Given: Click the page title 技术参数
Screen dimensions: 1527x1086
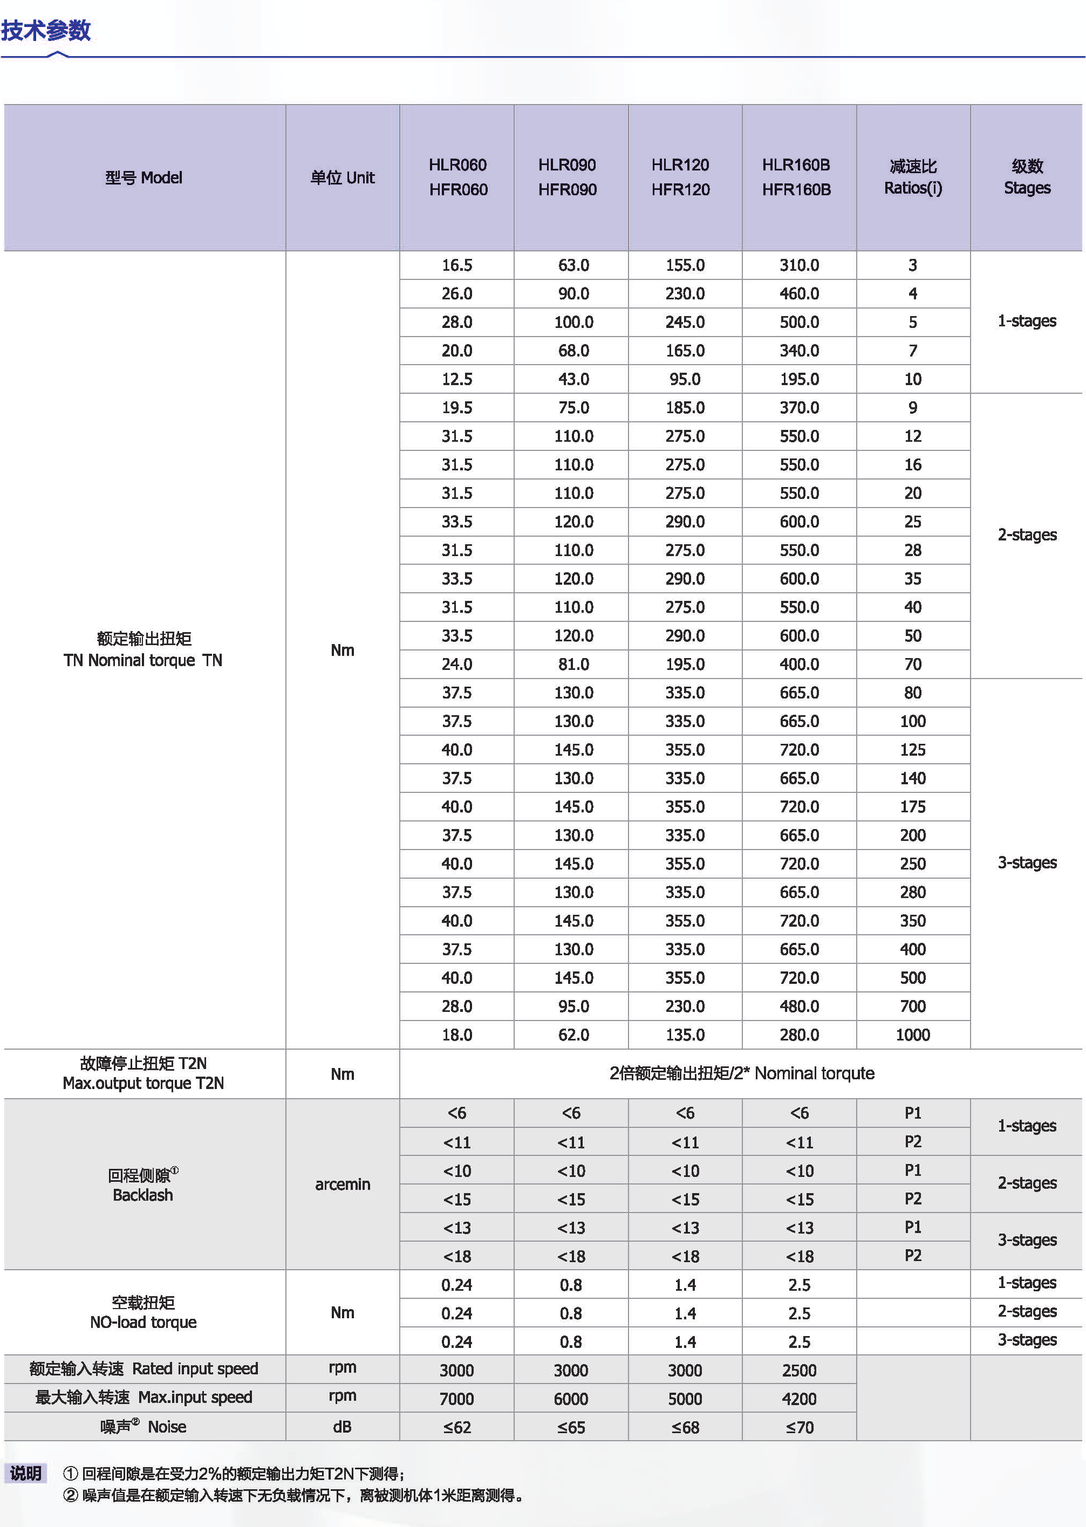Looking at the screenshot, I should [45, 30].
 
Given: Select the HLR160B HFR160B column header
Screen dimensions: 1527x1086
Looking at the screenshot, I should [796, 177].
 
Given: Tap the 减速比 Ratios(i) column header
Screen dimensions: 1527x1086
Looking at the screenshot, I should [913, 177].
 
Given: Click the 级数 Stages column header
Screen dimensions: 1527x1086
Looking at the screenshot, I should [1027, 177].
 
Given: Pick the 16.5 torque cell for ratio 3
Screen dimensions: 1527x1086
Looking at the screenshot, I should [457, 265].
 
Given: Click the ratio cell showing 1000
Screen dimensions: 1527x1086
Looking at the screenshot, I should [913, 1035].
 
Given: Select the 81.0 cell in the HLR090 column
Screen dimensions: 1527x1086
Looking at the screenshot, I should [573, 665].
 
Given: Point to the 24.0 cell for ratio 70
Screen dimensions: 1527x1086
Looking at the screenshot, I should [457, 665].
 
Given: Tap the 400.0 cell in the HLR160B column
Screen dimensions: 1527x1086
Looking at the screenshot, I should [799, 665].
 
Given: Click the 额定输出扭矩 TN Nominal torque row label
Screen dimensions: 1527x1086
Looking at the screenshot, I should [143, 650].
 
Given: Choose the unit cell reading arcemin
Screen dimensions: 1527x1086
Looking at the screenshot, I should [343, 1184].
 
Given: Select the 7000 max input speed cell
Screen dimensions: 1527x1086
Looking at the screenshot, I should [457, 1399].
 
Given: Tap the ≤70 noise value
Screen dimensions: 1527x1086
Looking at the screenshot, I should [799, 1427].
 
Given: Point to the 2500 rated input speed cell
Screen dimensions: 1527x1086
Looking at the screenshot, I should [799, 1371].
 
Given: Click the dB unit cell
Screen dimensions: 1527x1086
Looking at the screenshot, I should [343, 1427].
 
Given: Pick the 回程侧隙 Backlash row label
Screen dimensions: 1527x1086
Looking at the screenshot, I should [143, 1184].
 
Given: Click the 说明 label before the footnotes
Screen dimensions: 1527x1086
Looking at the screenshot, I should [26, 1474].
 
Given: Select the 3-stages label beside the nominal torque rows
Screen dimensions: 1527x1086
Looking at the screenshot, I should [1027, 863].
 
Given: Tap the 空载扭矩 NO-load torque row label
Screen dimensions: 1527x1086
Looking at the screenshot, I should [143, 1312].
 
